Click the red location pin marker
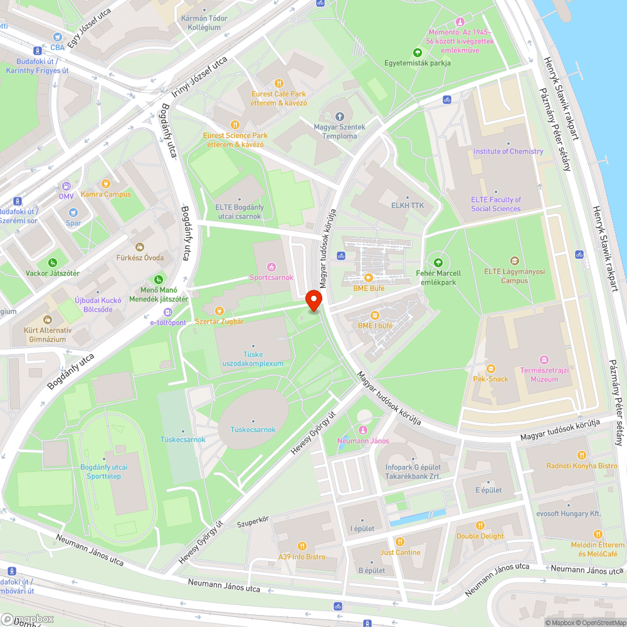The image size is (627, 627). [x=314, y=302]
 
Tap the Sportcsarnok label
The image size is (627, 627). [x=271, y=277]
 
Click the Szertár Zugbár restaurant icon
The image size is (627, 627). [x=219, y=310]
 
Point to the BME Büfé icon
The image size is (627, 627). [x=369, y=278]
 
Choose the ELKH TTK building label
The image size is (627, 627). [x=403, y=205]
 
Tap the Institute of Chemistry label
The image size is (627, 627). [x=508, y=151]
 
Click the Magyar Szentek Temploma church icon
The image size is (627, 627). [x=340, y=117]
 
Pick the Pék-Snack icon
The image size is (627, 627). [x=491, y=369]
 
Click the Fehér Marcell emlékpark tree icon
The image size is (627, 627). [x=438, y=263]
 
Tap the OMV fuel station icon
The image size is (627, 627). [x=66, y=186]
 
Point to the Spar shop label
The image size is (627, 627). [x=73, y=223]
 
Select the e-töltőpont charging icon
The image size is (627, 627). [x=167, y=312]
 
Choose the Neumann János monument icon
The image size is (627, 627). [x=363, y=430]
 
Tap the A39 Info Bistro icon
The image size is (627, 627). [x=302, y=546]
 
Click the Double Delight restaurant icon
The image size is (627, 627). [x=480, y=525]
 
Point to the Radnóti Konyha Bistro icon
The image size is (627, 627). [x=581, y=455]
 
